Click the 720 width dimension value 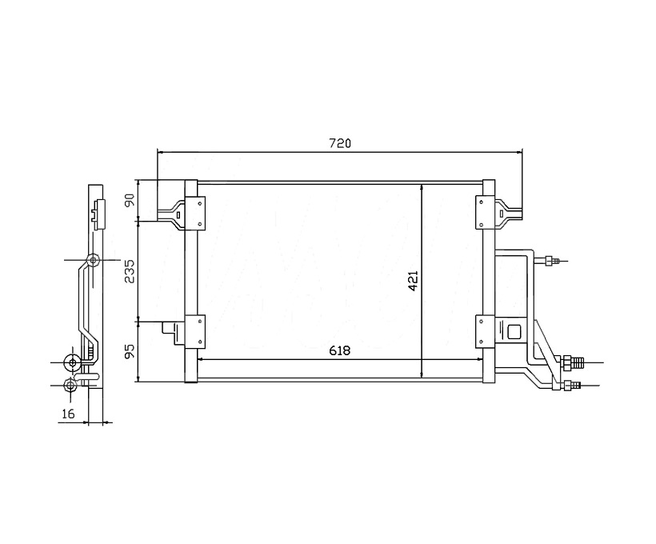click(339, 143)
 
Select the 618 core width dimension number click(339, 350)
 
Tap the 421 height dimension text click(413, 281)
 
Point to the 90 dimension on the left click(130, 200)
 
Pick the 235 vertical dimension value click(130, 271)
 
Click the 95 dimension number click(130, 351)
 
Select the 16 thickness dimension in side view click(68, 414)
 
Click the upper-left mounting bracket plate click(195, 214)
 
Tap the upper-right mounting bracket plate click(486, 213)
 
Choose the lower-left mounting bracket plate click(195, 331)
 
